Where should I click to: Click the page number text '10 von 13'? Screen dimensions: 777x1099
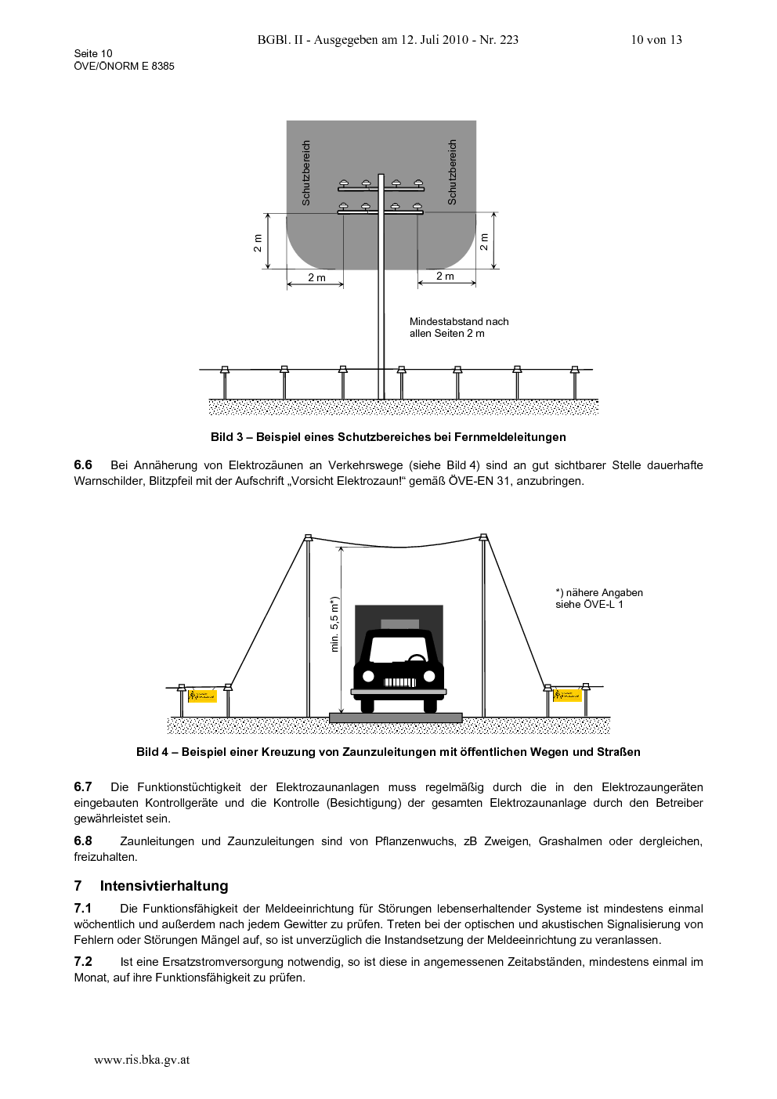pyautogui.click(x=656, y=40)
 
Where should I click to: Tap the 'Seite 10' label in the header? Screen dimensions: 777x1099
pyautogui.click(x=93, y=53)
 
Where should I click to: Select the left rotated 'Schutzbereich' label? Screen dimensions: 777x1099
pyautogui.click(x=306, y=173)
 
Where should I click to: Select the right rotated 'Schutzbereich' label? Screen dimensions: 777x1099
pyautogui.click(x=452, y=172)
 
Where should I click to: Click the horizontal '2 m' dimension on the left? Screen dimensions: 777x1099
pyautogui.click(x=317, y=278)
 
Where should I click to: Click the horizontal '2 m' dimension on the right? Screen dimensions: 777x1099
pyautogui.click(x=446, y=277)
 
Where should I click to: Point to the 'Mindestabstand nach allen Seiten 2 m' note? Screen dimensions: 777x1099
pyautogui.click(x=459, y=327)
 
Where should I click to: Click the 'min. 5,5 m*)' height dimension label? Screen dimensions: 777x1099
pyautogui.click(x=335, y=624)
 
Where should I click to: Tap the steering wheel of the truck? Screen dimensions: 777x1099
pyautogui.click(x=417, y=659)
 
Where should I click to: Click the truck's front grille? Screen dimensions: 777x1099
pyautogui.click(x=399, y=682)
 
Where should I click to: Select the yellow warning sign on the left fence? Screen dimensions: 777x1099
pyautogui.click(x=203, y=696)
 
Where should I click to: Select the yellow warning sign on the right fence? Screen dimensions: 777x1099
pyautogui.click(x=568, y=696)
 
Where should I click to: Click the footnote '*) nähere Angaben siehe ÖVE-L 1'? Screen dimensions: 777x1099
pyautogui.click(x=599, y=598)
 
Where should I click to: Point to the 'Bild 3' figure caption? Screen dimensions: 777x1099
pyautogui.click(x=388, y=437)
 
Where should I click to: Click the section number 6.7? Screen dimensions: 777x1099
pyautogui.click(x=83, y=787)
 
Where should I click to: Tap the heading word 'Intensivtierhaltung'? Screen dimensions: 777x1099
pyautogui.click(x=164, y=886)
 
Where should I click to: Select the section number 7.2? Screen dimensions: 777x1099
pyautogui.click(x=83, y=962)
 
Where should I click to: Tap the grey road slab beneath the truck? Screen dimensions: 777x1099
pyautogui.click(x=396, y=718)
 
